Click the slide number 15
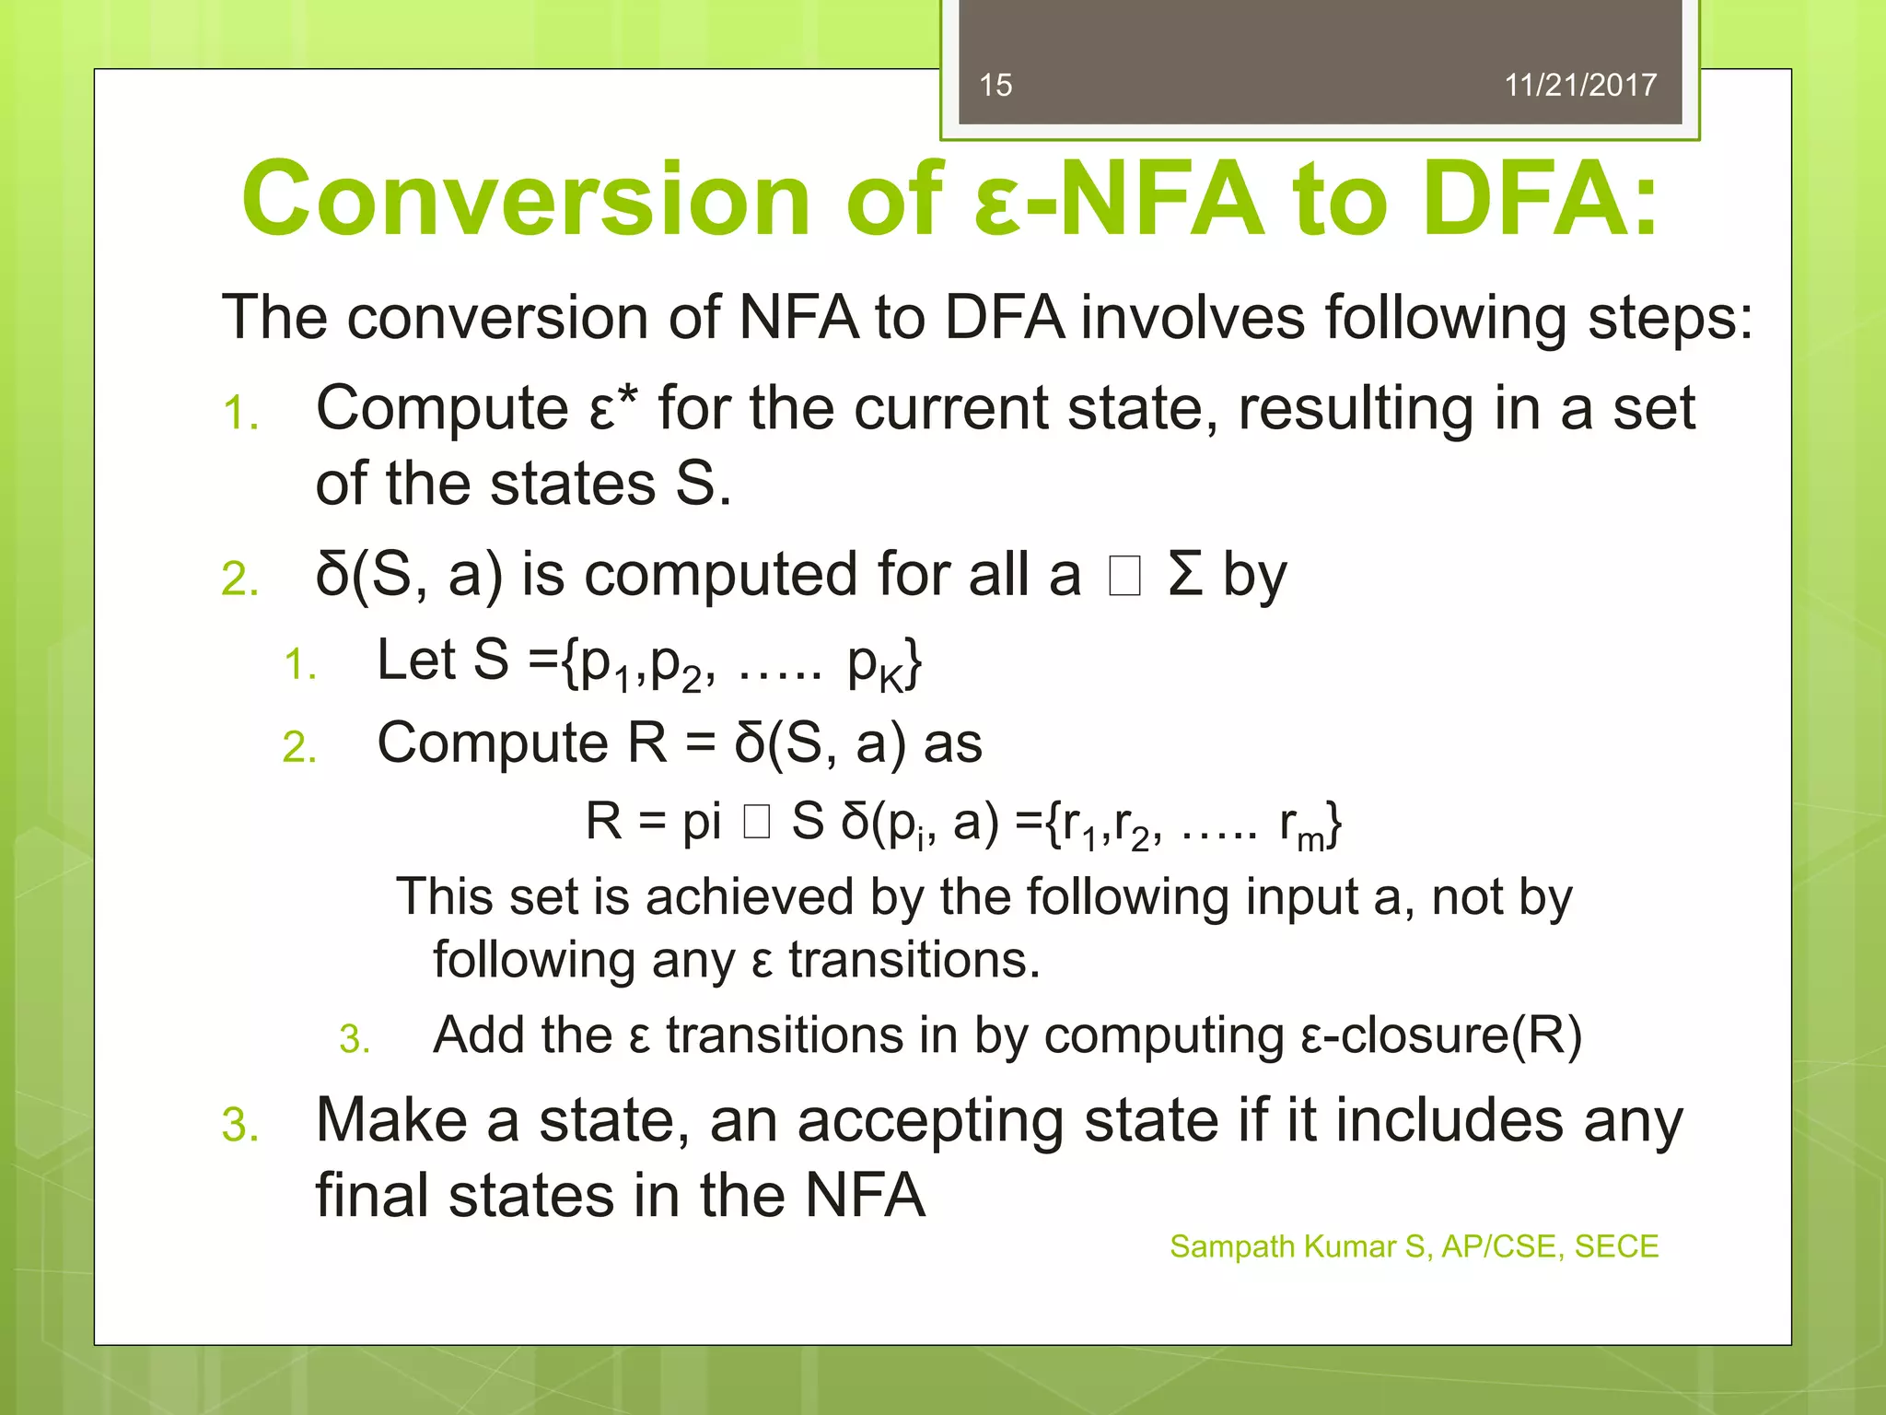coord(995,85)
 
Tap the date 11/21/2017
coord(1580,85)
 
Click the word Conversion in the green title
coord(526,199)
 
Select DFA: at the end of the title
coord(1540,199)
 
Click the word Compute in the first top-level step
coord(442,408)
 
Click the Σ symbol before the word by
coord(1186,575)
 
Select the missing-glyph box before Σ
coord(1124,577)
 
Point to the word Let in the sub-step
coord(416,661)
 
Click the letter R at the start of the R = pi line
coord(603,821)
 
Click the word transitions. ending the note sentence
coord(914,960)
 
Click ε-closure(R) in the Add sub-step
coord(1441,1035)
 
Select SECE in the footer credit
coord(1616,1246)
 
